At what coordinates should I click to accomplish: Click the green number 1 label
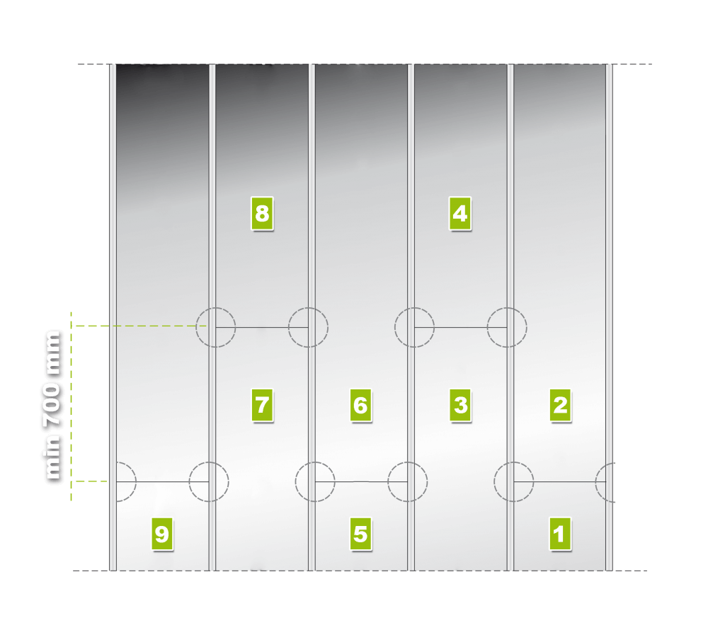560,534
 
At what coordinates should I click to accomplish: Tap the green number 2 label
561,406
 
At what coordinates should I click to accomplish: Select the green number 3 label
460,406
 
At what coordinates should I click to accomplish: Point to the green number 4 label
460,213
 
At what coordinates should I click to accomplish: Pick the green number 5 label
360,534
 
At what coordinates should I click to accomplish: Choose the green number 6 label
360,406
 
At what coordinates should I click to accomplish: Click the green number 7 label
262,406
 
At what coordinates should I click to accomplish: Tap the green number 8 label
262,213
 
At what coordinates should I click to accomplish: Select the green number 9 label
162,534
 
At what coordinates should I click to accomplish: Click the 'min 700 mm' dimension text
52,406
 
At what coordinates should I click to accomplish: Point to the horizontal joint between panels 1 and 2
560,482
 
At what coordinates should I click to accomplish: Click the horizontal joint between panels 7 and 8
262,328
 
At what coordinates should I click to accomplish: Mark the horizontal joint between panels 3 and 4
460,328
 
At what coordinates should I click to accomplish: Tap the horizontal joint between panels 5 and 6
361,482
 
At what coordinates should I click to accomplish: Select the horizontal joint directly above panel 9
162,482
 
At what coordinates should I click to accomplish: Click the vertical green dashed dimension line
72,406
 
